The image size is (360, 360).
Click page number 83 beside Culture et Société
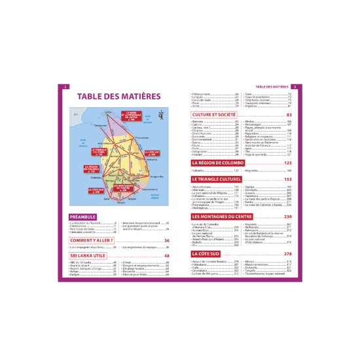tap(289, 115)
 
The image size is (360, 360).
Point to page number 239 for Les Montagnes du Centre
tap(287, 215)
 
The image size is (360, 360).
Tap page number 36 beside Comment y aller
tap(167, 240)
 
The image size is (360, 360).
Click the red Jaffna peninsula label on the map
tap(128, 118)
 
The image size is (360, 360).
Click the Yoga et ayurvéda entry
tap(257, 154)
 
